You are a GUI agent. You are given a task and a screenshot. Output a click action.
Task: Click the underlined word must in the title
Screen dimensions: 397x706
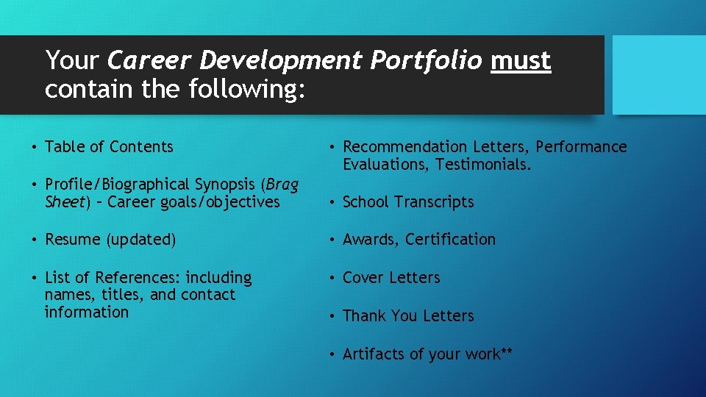521,61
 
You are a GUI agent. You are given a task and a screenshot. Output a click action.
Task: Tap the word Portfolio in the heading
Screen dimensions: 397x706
426,61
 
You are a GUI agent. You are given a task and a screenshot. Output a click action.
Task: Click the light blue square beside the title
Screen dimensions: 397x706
659,74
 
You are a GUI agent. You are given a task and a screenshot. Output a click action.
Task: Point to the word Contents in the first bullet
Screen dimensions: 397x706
141,147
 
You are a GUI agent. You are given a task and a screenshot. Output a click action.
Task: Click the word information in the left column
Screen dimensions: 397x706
86,312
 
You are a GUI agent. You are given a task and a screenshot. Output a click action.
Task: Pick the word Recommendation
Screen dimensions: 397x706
405,147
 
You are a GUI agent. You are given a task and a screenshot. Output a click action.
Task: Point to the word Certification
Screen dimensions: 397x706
451,240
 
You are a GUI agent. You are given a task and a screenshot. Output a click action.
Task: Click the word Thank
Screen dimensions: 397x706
365,316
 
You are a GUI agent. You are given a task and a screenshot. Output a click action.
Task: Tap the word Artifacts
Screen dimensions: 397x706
373,354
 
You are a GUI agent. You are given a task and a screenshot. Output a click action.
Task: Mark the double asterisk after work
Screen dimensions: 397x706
506,352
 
